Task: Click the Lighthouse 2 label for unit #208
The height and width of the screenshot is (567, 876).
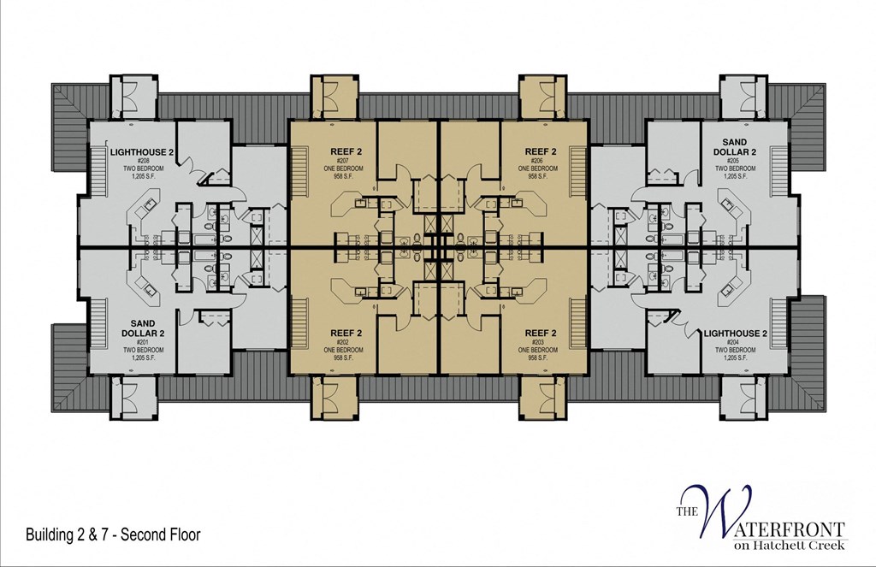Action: (x=142, y=152)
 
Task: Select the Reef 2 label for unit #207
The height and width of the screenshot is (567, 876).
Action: (x=346, y=152)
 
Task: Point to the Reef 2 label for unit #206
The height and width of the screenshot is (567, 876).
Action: (x=542, y=152)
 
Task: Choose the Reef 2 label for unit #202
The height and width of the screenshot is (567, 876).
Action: (x=346, y=333)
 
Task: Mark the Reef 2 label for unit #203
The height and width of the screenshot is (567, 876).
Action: (x=542, y=333)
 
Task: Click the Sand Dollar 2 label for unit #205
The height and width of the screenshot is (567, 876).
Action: (x=734, y=147)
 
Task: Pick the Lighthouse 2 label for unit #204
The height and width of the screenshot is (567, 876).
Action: (x=734, y=333)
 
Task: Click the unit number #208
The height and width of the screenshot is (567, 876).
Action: (x=142, y=161)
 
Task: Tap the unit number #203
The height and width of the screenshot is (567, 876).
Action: (x=542, y=342)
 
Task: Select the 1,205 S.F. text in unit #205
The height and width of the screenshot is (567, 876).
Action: (x=734, y=176)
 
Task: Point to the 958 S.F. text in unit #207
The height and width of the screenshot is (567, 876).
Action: (x=346, y=176)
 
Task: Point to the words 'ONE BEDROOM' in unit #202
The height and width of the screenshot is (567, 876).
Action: (x=346, y=350)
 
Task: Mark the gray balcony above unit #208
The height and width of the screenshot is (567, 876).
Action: (x=133, y=97)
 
